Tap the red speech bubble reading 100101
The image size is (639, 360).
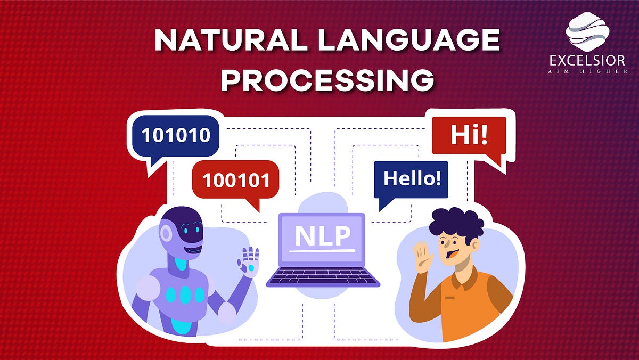(x=235, y=180)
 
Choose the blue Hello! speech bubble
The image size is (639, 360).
(x=412, y=178)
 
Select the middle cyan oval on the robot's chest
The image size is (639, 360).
(x=185, y=294)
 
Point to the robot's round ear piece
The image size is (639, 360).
(x=167, y=234)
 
